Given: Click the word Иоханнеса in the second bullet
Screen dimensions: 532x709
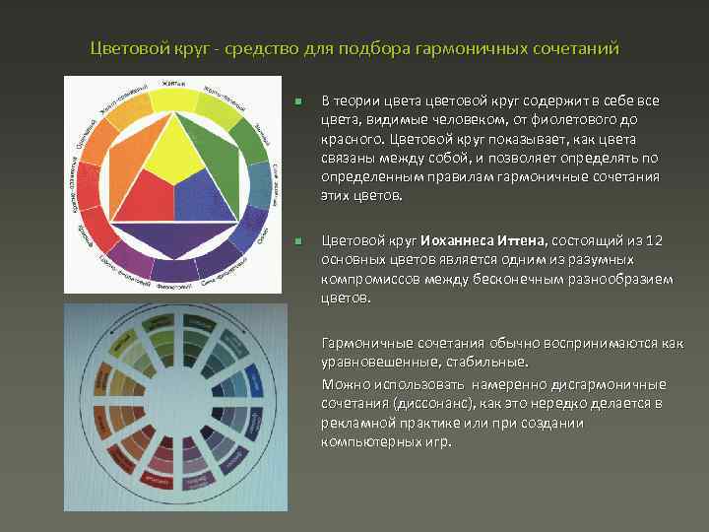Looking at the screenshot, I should point(461,239).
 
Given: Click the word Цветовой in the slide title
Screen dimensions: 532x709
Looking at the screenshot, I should point(124,48).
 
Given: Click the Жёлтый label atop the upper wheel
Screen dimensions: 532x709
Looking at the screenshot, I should point(175,84).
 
